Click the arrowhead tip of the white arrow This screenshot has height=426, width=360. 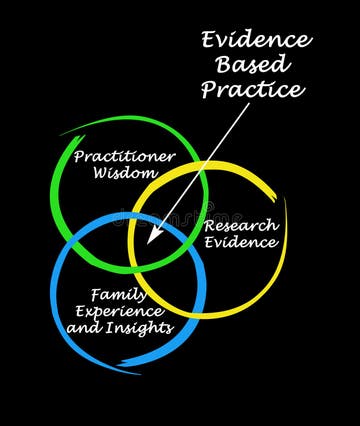pos(147,243)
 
